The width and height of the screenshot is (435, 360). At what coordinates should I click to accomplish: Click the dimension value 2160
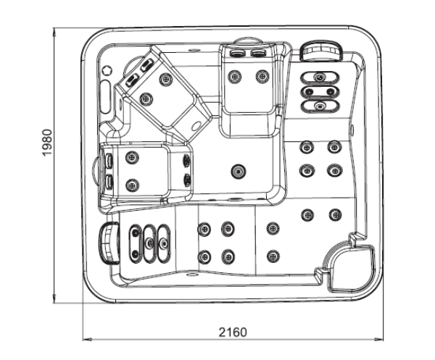232,332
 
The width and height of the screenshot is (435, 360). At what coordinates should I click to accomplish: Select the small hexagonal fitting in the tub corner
107,70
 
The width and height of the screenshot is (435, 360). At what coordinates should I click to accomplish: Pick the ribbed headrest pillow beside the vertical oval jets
108,243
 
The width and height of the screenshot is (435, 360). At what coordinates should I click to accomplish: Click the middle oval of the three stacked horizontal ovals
320,91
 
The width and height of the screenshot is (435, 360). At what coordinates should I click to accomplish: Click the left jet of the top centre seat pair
233,75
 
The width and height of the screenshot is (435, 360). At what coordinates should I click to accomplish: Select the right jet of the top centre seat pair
261,75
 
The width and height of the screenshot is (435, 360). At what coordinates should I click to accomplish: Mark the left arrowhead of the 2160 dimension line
84,338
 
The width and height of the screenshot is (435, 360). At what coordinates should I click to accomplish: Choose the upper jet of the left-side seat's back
131,158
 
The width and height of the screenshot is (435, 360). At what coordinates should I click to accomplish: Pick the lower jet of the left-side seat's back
131,185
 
